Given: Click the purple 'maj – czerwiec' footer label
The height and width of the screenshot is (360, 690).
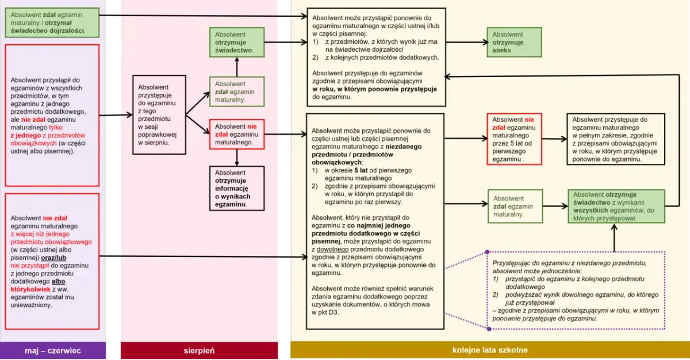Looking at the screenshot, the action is click(53, 350).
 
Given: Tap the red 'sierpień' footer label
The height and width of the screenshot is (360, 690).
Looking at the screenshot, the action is click(199, 350).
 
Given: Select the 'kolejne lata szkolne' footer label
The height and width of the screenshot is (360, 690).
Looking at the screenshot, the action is click(490, 350).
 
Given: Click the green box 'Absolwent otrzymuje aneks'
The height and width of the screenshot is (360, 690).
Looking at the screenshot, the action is click(514, 42).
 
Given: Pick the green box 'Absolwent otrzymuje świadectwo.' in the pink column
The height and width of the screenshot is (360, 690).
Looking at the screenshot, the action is click(237, 42).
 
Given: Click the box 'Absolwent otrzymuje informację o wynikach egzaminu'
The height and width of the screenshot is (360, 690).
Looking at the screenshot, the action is click(237, 189).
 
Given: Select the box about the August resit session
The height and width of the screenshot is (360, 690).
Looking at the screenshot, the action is click(159, 115).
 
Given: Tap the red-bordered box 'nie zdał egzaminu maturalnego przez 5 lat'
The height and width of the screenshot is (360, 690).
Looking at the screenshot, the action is click(514, 139).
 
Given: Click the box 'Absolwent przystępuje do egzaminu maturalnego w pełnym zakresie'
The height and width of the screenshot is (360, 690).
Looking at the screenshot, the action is click(616, 139).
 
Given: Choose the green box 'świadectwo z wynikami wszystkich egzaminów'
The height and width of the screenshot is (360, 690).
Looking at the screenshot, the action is click(616, 206).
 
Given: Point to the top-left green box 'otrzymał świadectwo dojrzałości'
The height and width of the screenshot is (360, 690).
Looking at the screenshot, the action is click(52, 23).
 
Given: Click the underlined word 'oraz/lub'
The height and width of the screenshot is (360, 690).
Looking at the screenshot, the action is click(53, 258).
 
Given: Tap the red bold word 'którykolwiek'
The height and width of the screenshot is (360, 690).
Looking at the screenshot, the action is click(30, 289).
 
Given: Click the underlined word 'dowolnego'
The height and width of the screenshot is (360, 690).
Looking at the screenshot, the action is click(332, 249).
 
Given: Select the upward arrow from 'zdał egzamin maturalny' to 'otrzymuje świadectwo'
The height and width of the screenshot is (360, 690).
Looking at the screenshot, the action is click(237, 67).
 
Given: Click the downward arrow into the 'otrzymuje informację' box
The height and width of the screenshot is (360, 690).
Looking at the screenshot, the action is click(237, 158).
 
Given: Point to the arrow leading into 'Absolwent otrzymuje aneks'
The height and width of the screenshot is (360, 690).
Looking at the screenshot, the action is click(466, 42).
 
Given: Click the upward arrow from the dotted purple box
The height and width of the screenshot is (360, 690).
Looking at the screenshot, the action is click(614, 238).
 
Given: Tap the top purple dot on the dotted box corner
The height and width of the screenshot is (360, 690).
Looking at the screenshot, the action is click(487, 252).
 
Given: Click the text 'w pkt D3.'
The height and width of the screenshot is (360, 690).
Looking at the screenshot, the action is click(325, 312).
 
